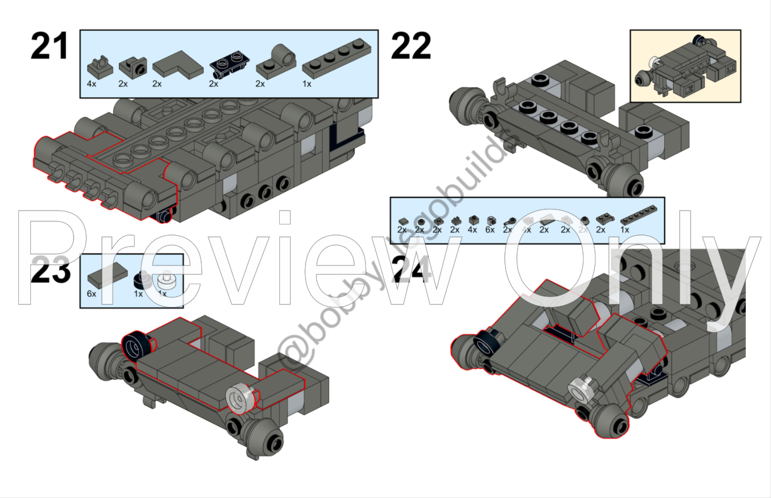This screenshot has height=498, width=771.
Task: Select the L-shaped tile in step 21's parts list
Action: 174,65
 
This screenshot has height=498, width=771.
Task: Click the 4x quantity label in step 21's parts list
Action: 92,83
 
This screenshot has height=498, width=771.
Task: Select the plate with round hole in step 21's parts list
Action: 277,62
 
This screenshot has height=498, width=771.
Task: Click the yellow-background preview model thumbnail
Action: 685,65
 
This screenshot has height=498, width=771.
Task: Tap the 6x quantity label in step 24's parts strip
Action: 490,230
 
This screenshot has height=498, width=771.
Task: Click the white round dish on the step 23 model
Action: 241,397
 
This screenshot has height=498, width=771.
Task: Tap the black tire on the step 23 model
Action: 138,345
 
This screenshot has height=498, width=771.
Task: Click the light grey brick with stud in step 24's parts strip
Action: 490,219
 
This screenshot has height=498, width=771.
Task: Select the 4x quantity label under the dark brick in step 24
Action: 472,230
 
